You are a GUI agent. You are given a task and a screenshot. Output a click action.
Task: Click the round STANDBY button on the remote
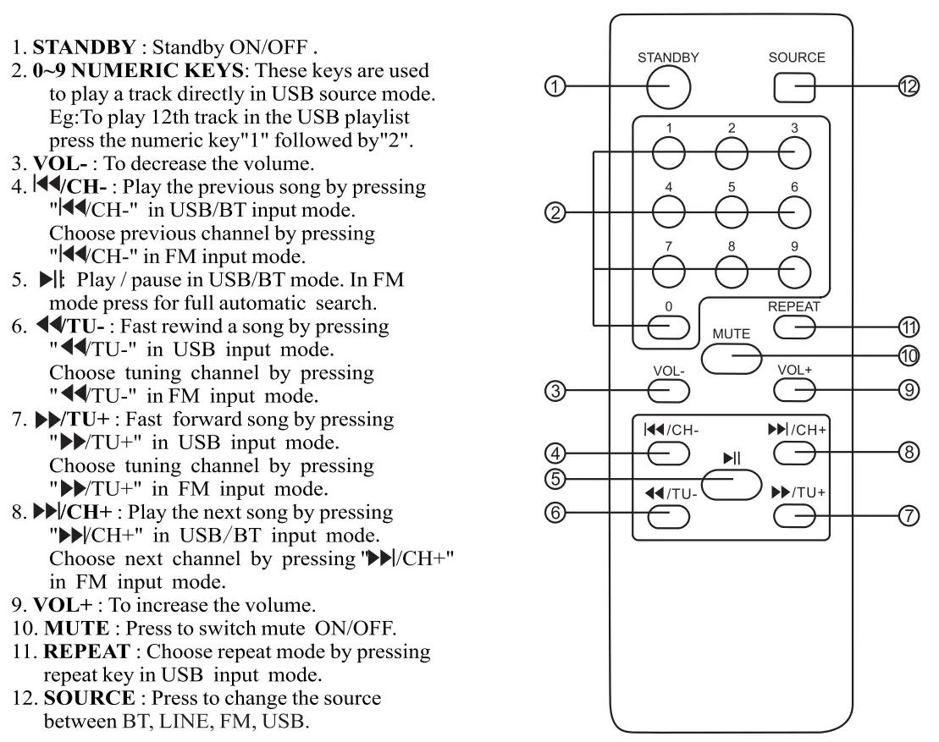(x=669, y=86)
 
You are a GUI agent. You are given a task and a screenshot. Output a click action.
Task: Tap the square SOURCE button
(x=794, y=86)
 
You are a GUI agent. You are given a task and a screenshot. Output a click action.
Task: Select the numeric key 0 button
(x=669, y=326)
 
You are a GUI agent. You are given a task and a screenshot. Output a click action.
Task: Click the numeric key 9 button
(x=794, y=270)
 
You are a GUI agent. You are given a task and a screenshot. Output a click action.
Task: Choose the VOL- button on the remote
(x=669, y=389)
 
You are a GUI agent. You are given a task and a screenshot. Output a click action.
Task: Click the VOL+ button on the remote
(x=794, y=389)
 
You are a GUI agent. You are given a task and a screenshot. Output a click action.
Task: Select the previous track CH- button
(x=669, y=453)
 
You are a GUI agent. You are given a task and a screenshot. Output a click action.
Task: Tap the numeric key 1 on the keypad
(x=669, y=151)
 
